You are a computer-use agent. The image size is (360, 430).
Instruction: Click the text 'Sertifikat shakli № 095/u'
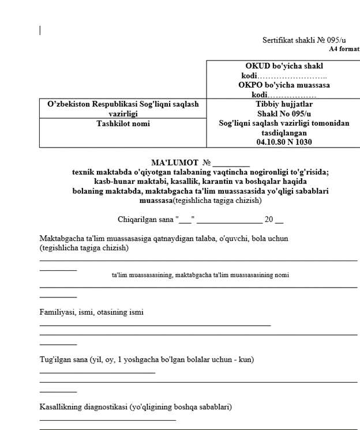point(304,40)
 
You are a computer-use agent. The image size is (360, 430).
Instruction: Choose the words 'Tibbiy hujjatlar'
point(283,104)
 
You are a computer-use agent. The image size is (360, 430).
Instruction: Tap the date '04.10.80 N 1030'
point(283,141)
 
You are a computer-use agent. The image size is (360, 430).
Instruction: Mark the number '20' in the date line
point(268,219)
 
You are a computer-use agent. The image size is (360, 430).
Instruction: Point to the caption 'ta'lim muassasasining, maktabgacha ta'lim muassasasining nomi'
point(200,275)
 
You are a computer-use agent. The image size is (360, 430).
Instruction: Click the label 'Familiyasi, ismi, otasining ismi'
point(92,312)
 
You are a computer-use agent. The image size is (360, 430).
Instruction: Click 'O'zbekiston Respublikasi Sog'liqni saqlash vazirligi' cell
point(122,109)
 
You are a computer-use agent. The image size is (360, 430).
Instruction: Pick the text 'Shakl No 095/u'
point(283,114)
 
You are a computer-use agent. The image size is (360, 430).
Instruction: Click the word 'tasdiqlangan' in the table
point(283,132)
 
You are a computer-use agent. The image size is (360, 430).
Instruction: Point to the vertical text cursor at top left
point(40,30)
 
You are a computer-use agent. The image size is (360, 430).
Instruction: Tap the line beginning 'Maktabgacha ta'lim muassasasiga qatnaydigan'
point(164,238)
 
